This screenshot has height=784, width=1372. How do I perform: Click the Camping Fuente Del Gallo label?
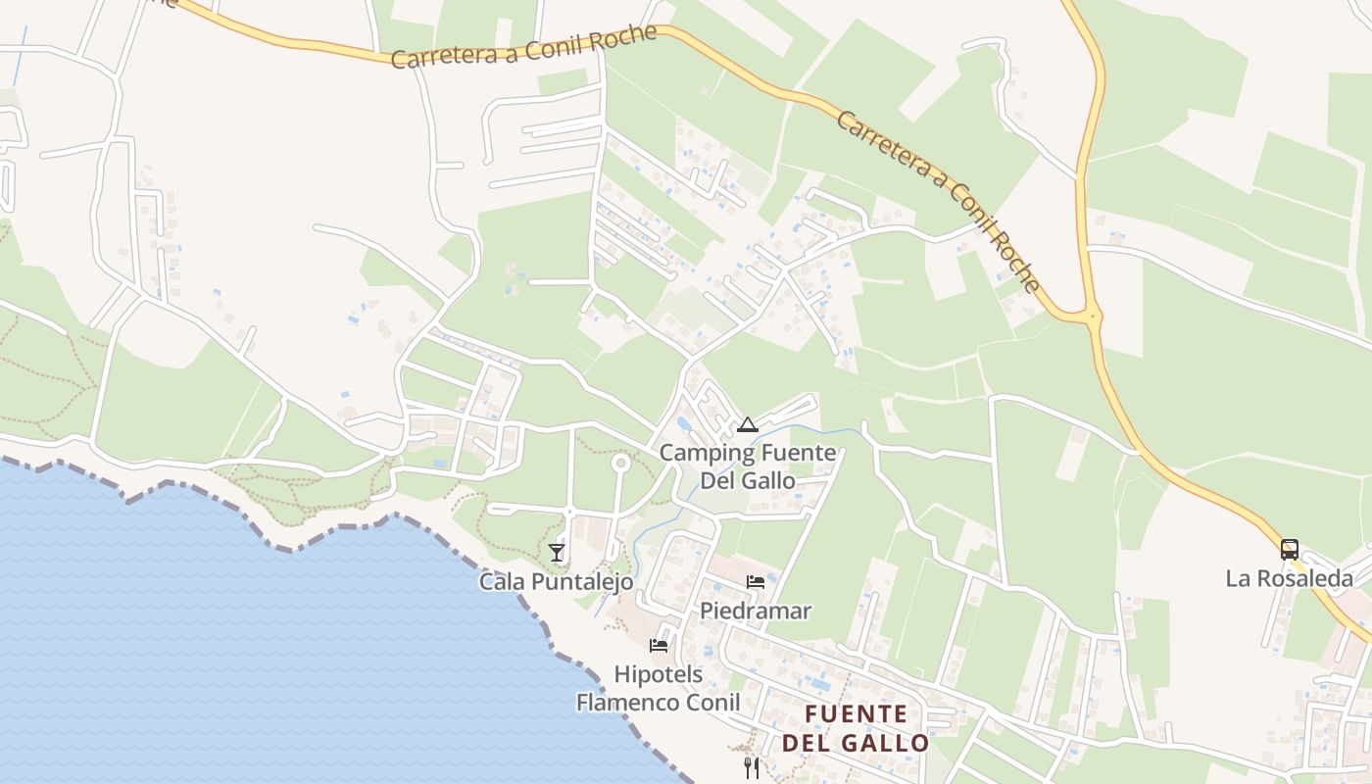click(748, 466)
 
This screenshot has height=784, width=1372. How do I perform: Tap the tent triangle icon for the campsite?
click(748, 425)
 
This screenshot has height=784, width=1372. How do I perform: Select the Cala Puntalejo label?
click(556, 582)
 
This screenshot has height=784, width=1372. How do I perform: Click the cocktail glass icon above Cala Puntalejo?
click(557, 553)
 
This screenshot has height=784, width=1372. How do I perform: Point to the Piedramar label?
click(756, 612)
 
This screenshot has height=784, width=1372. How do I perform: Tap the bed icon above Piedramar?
click(756, 582)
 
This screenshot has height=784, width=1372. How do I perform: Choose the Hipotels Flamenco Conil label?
click(658, 688)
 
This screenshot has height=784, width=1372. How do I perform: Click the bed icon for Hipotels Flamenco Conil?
click(659, 645)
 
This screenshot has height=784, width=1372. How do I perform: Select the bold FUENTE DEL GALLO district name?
click(856, 728)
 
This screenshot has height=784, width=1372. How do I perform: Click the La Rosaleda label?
click(1289, 578)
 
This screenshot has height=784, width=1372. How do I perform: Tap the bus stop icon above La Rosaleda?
click(1290, 550)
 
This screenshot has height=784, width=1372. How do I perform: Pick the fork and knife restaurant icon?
click(752, 767)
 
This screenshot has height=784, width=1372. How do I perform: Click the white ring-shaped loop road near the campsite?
click(619, 463)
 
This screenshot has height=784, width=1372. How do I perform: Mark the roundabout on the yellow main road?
click(1092, 317)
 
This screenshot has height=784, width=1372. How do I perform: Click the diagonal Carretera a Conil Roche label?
click(936, 201)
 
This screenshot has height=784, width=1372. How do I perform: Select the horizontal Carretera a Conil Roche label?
click(523, 47)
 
